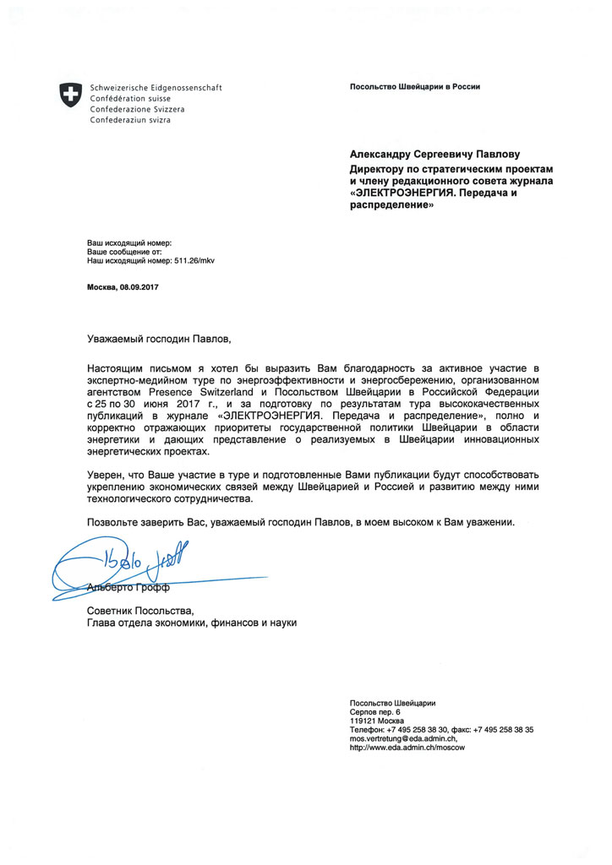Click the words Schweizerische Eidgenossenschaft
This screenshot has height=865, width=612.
pyautogui.click(x=156, y=88)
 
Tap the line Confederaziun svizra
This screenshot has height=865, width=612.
pyautogui.click(x=130, y=121)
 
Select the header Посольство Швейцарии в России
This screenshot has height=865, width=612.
pyautogui.click(x=415, y=88)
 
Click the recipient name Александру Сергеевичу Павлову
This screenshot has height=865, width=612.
pyautogui.click(x=434, y=155)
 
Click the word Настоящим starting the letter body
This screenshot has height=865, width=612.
pyautogui.click(x=115, y=369)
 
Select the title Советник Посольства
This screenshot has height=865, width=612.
pyautogui.click(x=140, y=610)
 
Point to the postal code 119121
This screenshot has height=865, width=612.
pyautogui.click(x=363, y=721)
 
